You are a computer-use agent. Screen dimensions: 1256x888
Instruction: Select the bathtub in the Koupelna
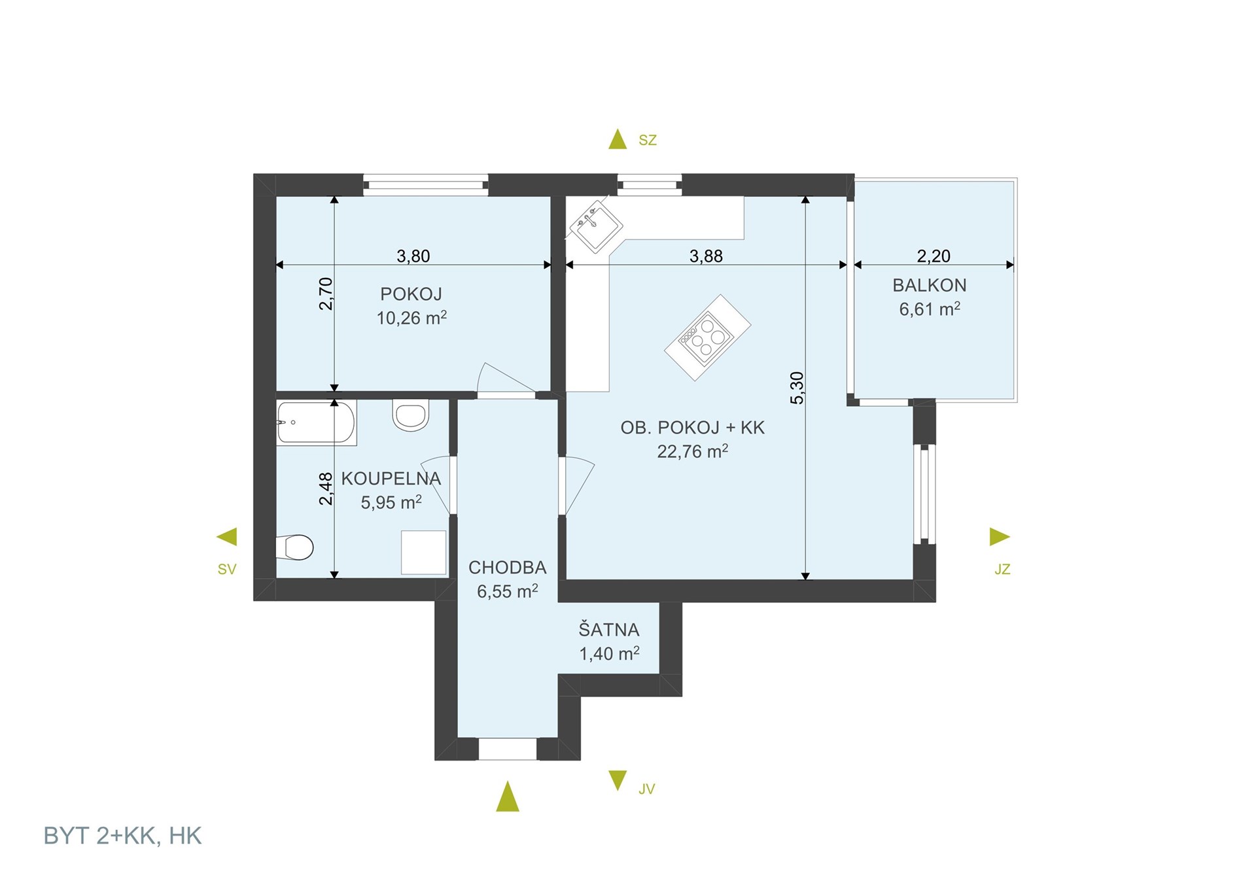click(316, 423)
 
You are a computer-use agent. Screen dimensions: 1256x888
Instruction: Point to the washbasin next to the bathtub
click(411, 415)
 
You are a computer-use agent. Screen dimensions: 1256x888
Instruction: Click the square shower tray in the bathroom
click(423, 553)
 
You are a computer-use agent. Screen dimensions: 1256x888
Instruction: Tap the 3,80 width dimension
click(413, 256)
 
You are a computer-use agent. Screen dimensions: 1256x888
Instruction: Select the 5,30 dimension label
click(797, 388)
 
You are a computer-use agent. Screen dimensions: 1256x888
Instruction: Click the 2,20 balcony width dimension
click(933, 256)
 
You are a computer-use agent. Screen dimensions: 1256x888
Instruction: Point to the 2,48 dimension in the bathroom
click(326, 488)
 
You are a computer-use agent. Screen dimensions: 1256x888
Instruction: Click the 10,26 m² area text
click(411, 318)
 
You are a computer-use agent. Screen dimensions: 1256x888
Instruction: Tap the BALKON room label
click(930, 285)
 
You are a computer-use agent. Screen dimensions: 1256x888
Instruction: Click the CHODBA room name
click(508, 568)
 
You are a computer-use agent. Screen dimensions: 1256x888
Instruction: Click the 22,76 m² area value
click(693, 451)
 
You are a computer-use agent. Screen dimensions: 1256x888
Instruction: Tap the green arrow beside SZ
click(618, 139)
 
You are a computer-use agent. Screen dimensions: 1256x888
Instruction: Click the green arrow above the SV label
click(227, 537)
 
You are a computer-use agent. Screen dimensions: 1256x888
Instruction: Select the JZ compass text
click(1002, 570)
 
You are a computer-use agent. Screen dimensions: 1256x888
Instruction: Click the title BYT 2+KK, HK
click(122, 836)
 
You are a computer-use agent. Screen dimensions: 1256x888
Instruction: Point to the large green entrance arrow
click(508, 796)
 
